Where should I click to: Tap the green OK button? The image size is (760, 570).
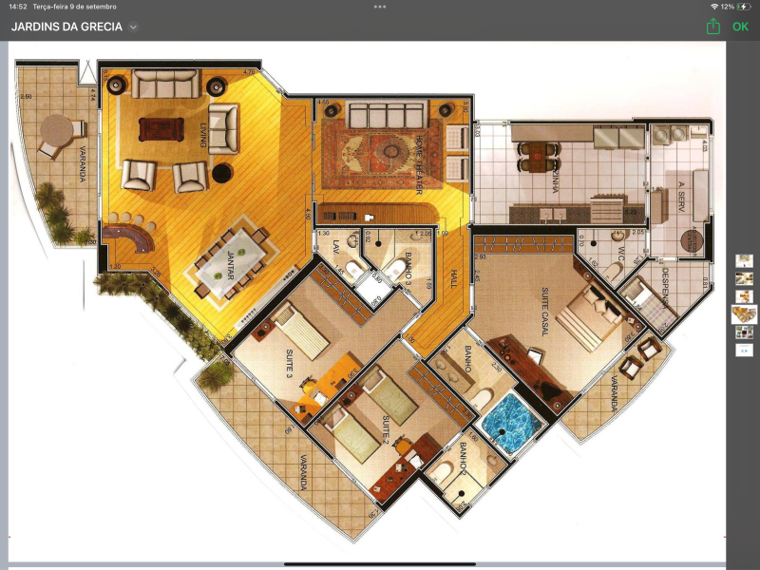pyautogui.click(x=740, y=27)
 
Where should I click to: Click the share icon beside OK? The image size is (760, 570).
pyautogui.click(x=713, y=27)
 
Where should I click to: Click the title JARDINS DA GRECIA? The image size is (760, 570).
pyautogui.click(x=66, y=27)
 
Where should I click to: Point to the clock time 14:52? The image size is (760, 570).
pyautogui.click(x=16, y=7)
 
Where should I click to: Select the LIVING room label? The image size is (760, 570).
pyautogui.click(x=202, y=139)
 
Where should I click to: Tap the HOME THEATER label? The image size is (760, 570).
pyautogui.click(x=418, y=164)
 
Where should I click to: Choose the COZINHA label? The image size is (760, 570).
pyautogui.click(x=554, y=177)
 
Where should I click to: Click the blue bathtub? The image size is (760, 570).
pyautogui.click(x=508, y=418)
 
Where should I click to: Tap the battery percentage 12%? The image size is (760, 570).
pyautogui.click(x=728, y=7)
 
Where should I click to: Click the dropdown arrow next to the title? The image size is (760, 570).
pyautogui.click(x=133, y=28)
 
